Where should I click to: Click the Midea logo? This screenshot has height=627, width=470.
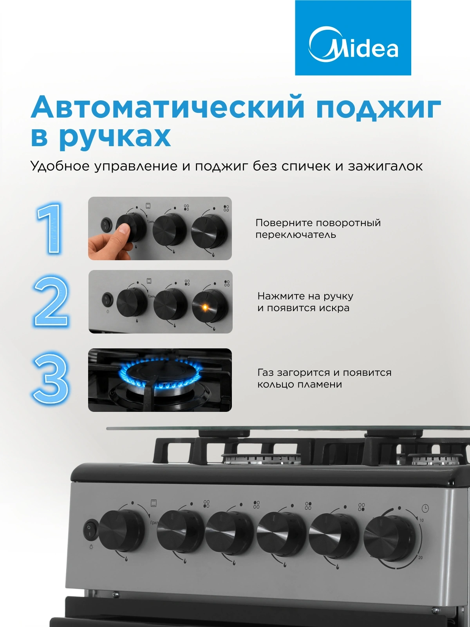coord(353,38)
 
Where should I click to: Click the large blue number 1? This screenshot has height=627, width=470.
coord(51,228)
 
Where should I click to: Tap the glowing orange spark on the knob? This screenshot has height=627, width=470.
coord(204,307)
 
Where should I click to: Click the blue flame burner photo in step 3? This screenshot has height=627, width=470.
coord(160,380)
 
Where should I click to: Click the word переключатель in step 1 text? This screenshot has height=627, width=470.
coord(296,235)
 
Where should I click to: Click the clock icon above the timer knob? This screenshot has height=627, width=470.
coord(425,507)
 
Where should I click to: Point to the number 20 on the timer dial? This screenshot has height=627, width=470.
coord(420,557)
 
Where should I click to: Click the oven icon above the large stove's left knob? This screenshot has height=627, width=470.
coord(154,503)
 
